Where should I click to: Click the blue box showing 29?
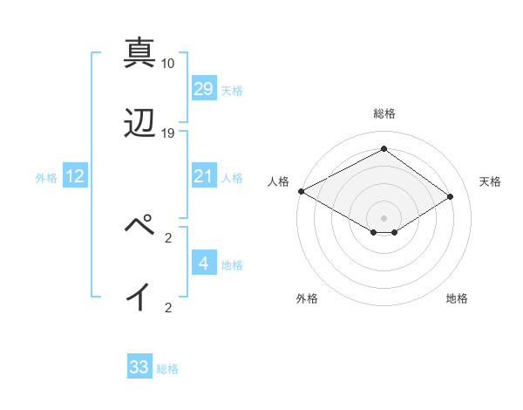tap(203, 89)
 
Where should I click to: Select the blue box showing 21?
tap(203, 177)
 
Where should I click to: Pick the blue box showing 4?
tap(203, 263)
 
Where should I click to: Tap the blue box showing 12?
tap(75, 177)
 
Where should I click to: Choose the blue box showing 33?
tap(139, 367)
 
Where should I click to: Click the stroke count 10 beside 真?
tap(168, 64)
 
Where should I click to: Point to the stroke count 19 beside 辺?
tap(168, 133)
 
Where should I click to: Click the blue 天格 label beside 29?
tap(231, 90)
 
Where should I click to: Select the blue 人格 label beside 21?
tap(231, 178)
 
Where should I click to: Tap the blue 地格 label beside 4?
tap(231, 264)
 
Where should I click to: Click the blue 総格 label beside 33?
tap(167, 368)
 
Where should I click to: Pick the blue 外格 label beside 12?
tap(46, 178)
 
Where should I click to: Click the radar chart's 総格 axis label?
tap(384, 113)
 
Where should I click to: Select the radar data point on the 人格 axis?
tap(301, 191)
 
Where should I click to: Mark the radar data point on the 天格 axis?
tap(451, 196)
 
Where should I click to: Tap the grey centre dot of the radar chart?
tap(384, 217)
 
